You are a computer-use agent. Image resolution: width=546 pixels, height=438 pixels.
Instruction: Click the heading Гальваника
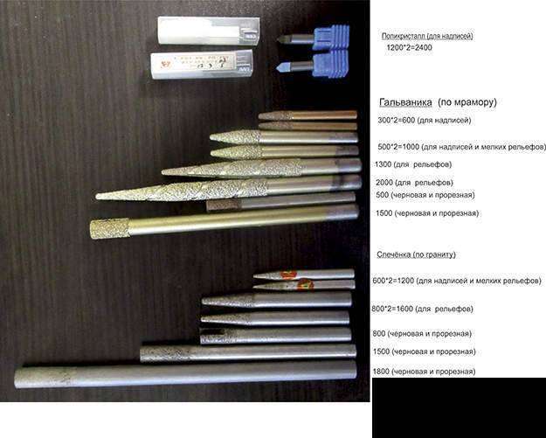(x=405, y=102)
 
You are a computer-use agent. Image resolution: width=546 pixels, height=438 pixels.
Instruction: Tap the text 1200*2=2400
(x=409, y=47)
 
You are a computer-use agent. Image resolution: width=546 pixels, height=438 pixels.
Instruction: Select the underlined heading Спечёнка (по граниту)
(x=416, y=254)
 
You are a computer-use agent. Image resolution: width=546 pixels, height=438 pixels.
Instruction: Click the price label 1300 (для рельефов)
(x=413, y=164)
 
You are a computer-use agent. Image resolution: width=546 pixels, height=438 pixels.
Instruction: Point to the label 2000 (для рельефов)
(x=414, y=182)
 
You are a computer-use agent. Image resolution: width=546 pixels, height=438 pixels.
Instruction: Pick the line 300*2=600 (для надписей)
(x=424, y=121)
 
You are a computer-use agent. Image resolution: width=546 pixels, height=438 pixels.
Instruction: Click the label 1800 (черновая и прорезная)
(x=424, y=372)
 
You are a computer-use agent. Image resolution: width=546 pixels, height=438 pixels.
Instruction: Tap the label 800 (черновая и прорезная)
(x=422, y=333)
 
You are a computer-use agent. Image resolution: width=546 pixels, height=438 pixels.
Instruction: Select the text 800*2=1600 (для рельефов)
(x=422, y=309)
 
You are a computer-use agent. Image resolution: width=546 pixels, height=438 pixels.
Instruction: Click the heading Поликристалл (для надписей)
(x=427, y=36)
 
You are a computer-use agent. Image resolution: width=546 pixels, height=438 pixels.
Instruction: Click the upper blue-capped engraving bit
(x=314, y=38)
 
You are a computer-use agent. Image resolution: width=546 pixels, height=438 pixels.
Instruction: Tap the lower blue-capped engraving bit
(x=313, y=64)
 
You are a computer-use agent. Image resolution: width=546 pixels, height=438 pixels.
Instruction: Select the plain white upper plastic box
(x=209, y=31)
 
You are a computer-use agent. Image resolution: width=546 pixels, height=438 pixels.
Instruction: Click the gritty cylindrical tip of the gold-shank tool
(x=109, y=228)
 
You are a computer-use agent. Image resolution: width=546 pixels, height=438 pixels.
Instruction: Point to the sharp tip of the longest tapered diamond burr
(x=97, y=197)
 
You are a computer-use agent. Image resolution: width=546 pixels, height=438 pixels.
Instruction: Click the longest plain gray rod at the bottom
(x=185, y=374)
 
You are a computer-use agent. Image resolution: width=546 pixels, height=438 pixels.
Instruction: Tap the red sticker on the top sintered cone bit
(x=288, y=275)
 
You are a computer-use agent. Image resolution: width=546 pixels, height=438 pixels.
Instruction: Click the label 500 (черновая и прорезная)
(x=425, y=195)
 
